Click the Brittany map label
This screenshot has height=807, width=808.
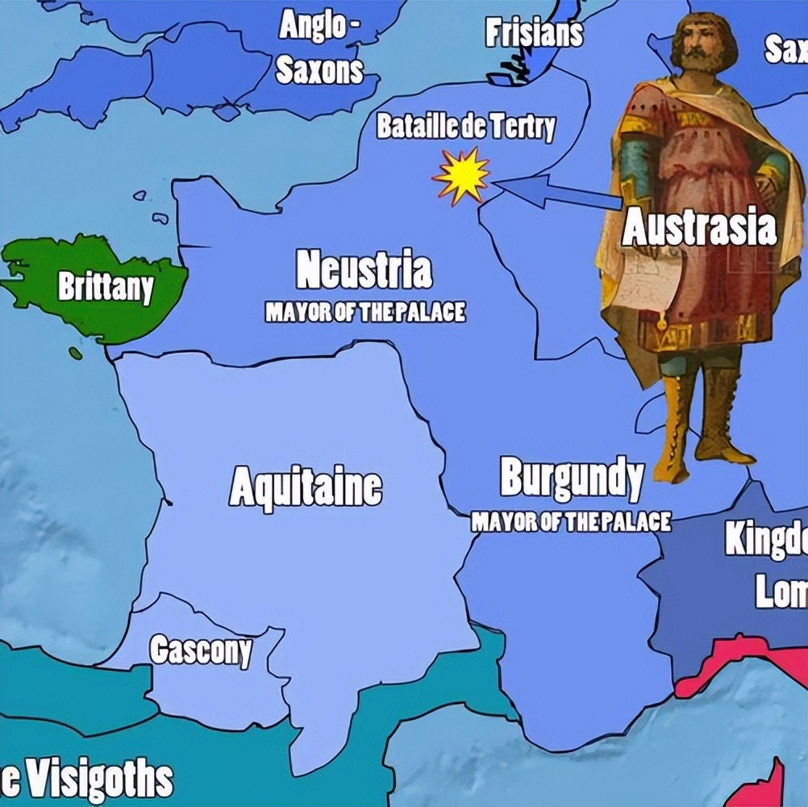pyautogui.click(x=105, y=287)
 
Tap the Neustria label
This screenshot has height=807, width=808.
pyautogui.click(x=364, y=270)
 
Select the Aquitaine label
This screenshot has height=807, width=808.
pyautogui.click(x=306, y=487)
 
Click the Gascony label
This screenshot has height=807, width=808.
pyautogui.click(x=201, y=650)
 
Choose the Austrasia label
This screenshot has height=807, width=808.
pyautogui.click(x=700, y=228)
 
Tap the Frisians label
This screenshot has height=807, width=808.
pyautogui.click(x=533, y=33)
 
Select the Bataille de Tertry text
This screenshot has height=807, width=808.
pyautogui.click(x=466, y=128)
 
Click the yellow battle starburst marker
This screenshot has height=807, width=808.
pyautogui.click(x=461, y=176)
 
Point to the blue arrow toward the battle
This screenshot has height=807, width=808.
pyautogui.click(x=556, y=192)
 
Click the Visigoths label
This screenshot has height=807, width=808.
pyautogui.click(x=89, y=779)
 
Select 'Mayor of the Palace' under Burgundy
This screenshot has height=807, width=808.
pyautogui.click(x=571, y=522)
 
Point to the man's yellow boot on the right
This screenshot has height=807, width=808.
pyautogui.click(x=720, y=420)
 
